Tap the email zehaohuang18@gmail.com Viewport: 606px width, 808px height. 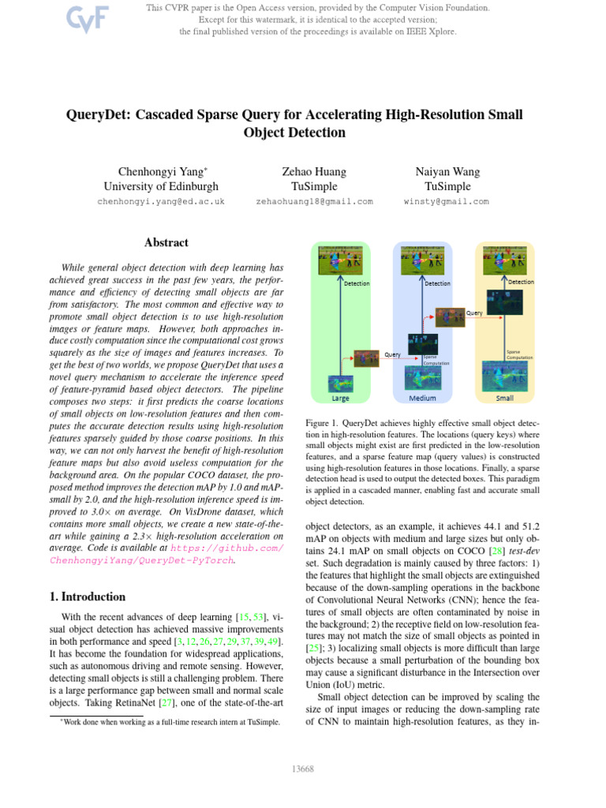[x=314, y=201]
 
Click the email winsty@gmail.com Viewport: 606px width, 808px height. [x=447, y=201]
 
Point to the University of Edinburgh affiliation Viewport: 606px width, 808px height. [x=161, y=186]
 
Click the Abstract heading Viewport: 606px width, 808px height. [x=166, y=243]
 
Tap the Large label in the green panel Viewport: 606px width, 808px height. [x=340, y=398]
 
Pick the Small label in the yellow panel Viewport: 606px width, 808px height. [x=504, y=398]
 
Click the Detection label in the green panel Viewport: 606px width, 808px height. [x=356, y=283]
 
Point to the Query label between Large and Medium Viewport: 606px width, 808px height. [x=392, y=354]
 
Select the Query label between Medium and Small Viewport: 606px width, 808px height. [x=474, y=312]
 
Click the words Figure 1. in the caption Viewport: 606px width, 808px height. [x=322, y=424]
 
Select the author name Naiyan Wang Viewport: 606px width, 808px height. [x=447, y=171]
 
